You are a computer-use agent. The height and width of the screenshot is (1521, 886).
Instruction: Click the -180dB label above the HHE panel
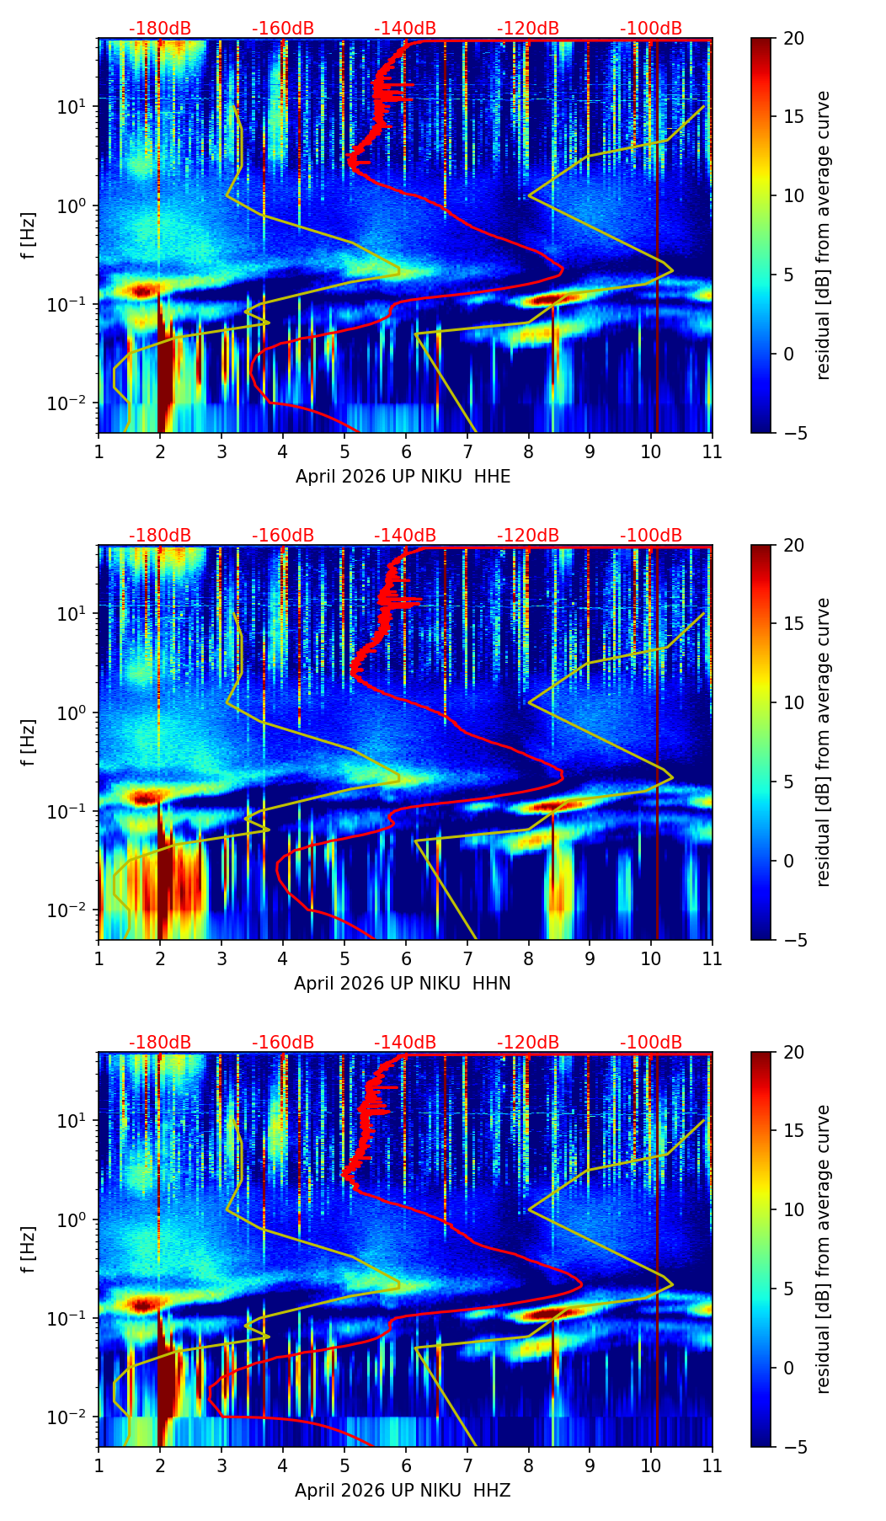[x=160, y=29]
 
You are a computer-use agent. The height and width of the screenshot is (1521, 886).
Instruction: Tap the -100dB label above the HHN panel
[x=651, y=536]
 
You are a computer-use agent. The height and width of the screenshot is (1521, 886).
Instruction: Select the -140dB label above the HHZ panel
[x=405, y=1043]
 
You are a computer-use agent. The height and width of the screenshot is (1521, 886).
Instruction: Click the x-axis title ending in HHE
[x=403, y=477]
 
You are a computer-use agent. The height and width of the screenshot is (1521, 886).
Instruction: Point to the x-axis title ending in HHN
[x=402, y=984]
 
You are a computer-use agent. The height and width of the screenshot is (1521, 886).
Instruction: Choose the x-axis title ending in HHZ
[x=403, y=1491]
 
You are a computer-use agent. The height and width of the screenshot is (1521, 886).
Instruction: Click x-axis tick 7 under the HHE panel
[x=467, y=451]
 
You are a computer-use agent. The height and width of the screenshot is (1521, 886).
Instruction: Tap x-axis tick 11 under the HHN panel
[x=713, y=958]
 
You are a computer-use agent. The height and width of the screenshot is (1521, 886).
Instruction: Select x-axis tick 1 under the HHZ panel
[x=99, y=1465]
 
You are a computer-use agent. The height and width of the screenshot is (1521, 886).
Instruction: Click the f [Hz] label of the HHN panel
[x=29, y=742]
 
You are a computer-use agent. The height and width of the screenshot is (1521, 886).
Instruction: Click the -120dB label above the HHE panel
[x=528, y=29]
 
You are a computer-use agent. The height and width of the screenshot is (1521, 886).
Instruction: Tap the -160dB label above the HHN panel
[x=283, y=536]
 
